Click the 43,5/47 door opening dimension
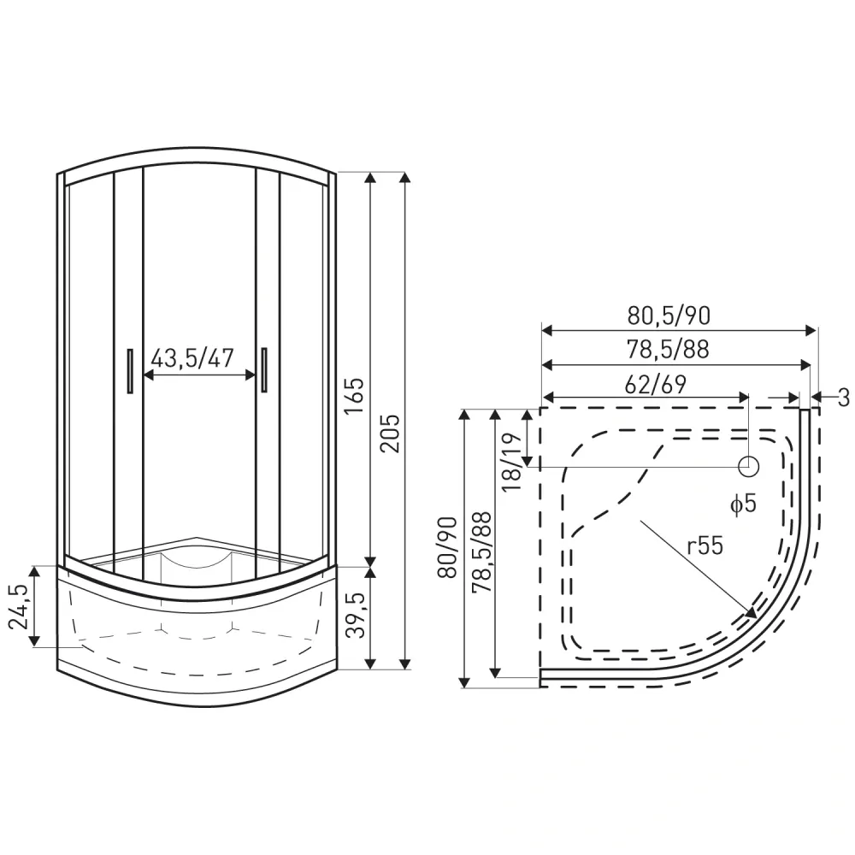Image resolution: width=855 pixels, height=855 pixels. tap(192, 358)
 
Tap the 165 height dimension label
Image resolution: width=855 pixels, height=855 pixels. tap(355, 395)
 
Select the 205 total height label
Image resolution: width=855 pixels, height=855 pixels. tap(390, 433)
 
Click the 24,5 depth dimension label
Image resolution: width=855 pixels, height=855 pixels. tap(19, 606)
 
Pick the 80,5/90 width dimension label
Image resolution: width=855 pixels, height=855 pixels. tap(669, 315)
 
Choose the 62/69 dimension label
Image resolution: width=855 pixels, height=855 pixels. tap(655, 385)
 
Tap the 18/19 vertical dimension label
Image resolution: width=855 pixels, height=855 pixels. tap(511, 463)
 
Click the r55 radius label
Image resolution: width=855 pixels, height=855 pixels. tap(705, 545)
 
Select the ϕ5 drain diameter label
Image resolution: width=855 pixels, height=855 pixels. tap(743, 504)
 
